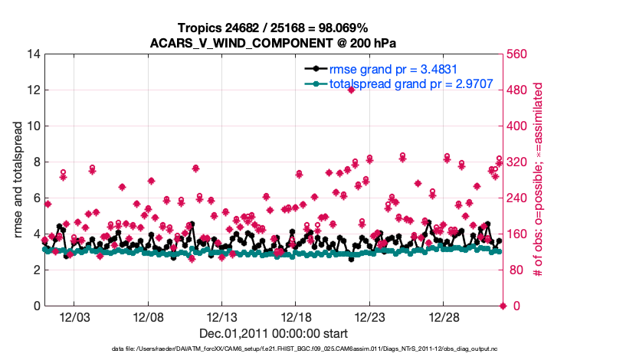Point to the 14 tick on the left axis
[34, 54]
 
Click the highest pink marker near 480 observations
[351, 90]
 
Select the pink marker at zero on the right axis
[503, 306]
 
